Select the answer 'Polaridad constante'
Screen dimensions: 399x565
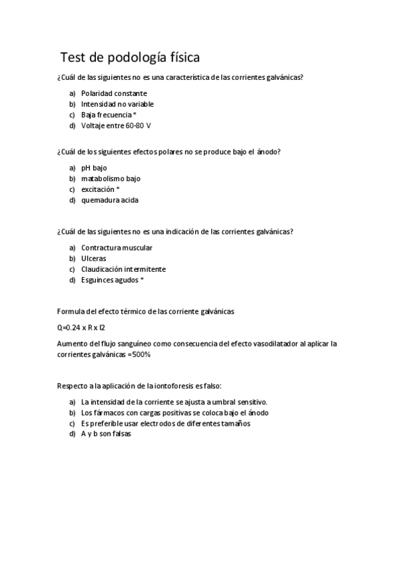(114, 93)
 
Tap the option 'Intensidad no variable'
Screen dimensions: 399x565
(117, 104)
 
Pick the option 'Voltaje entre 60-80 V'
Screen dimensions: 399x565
(116, 125)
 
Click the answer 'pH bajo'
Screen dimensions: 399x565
(94, 168)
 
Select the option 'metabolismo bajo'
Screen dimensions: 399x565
(111, 179)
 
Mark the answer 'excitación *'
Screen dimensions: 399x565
(100, 189)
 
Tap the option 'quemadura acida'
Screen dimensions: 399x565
(110, 200)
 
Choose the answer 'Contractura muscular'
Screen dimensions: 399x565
(117, 248)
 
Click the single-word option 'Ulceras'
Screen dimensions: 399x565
(93, 259)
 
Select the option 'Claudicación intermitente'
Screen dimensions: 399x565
(123, 269)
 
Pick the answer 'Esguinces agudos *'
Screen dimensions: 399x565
(112, 280)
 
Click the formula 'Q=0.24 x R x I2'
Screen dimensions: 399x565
(81, 328)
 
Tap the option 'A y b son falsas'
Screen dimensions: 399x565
(106, 434)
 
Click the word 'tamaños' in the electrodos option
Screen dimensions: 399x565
(234, 423)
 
